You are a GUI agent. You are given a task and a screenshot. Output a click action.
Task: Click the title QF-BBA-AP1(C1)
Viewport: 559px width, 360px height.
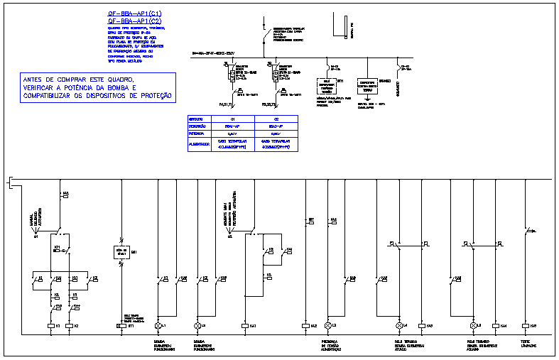tap(134, 13)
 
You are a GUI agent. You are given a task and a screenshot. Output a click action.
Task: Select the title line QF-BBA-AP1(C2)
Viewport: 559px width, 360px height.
tap(134, 21)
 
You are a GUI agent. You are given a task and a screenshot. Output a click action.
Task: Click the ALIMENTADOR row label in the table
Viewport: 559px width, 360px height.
tap(198, 144)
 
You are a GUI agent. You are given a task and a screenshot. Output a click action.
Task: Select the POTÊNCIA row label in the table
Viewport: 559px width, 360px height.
tap(197, 132)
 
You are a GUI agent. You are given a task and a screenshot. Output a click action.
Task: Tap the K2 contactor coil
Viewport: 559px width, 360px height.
tap(69, 325)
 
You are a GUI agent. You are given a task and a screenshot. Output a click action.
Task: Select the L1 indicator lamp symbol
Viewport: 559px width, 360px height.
tap(158, 325)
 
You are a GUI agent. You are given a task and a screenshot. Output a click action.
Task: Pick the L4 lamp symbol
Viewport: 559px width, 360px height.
tap(399, 325)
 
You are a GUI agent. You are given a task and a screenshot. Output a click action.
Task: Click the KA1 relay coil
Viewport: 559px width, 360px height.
tap(245, 325)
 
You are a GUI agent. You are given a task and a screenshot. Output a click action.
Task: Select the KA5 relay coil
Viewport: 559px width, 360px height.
tap(525, 325)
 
